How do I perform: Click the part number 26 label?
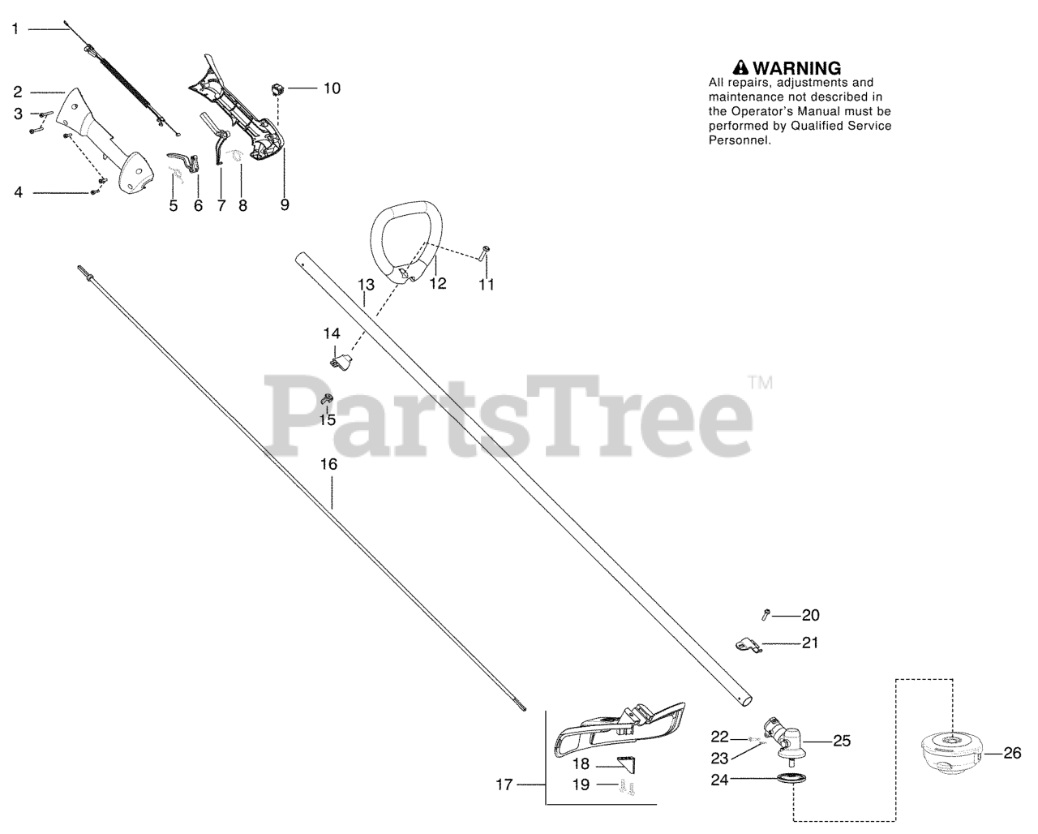[x=1012, y=753]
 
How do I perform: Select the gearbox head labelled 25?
[x=783, y=737]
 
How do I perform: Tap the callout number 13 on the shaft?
[x=366, y=285]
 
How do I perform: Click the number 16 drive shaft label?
[x=328, y=464]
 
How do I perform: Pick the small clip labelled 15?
[x=328, y=398]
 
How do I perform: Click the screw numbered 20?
[x=766, y=616]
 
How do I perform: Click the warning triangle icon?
[x=740, y=68]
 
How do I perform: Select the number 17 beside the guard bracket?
[x=505, y=785]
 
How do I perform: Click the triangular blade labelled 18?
[x=626, y=763]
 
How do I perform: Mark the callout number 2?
[x=17, y=92]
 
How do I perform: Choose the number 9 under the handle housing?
[x=285, y=204]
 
